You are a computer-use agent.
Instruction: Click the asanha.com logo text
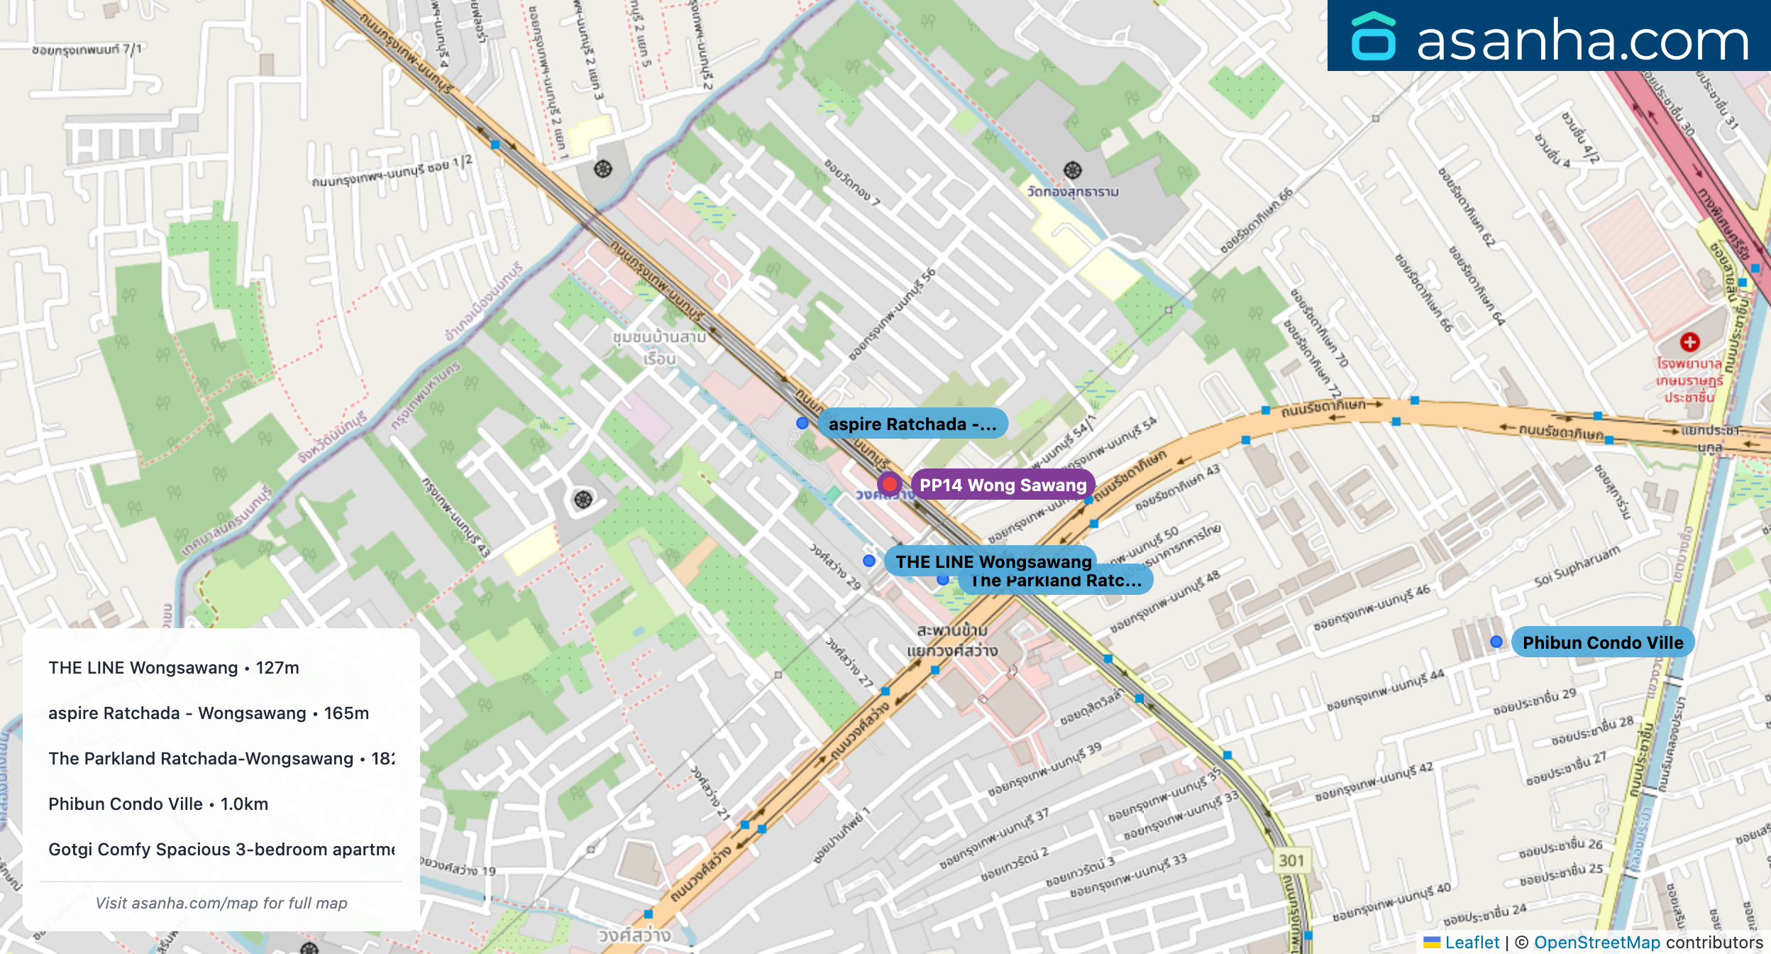(x=1582, y=40)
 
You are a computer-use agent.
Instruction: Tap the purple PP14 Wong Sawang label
(x=1003, y=486)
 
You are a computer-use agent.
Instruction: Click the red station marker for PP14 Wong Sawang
(x=889, y=484)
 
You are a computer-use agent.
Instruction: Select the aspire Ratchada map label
(x=912, y=424)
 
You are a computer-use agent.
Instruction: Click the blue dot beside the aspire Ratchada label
(x=802, y=423)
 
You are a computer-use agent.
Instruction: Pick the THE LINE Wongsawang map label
(x=993, y=561)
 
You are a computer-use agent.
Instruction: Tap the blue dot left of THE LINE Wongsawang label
(x=869, y=561)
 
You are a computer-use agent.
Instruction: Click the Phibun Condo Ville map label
(x=1602, y=642)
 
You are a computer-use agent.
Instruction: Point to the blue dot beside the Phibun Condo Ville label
(x=1496, y=642)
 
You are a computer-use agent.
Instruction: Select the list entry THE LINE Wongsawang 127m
(x=174, y=668)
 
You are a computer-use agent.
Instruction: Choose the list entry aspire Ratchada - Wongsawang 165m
(x=209, y=713)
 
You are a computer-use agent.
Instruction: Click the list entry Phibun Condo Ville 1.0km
(x=158, y=804)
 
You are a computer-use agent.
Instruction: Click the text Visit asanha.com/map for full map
(x=221, y=903)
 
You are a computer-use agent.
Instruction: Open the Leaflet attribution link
(x=1472, y=943)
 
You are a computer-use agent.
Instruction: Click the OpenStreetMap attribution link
(x=1596, y=943)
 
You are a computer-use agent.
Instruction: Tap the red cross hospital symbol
(x=1689, y=342)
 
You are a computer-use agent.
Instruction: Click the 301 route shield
(x=1291, y=861)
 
